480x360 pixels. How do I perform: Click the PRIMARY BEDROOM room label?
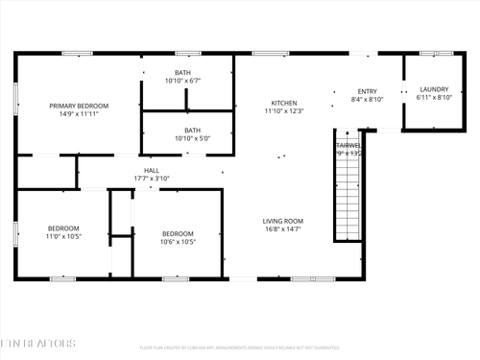coord(79,106)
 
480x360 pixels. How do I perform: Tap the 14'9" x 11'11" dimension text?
coord(79,114)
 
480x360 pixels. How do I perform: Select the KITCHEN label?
coord(283,103)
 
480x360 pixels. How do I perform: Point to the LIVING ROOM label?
coord(283,221)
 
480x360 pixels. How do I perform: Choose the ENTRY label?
coord(368,91)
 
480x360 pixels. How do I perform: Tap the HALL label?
coord(151,169)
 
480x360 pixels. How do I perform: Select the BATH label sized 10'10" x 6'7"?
coord(182,73)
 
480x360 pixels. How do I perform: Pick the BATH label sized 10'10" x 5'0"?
coord(193,131)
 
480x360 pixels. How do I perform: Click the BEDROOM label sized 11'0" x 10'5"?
coord(63,228)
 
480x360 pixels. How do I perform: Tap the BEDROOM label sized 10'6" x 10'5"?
coord(178,233)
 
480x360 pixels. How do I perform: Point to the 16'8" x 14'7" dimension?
coord(283,229)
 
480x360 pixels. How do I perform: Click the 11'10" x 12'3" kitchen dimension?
coord(283,111)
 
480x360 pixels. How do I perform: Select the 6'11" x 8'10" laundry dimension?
coord(434,98)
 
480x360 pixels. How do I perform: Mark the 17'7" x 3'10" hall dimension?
coord(151,178)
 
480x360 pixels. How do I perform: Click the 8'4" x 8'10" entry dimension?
coord(367,99)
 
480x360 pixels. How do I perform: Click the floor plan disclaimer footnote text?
coord(239,348)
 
